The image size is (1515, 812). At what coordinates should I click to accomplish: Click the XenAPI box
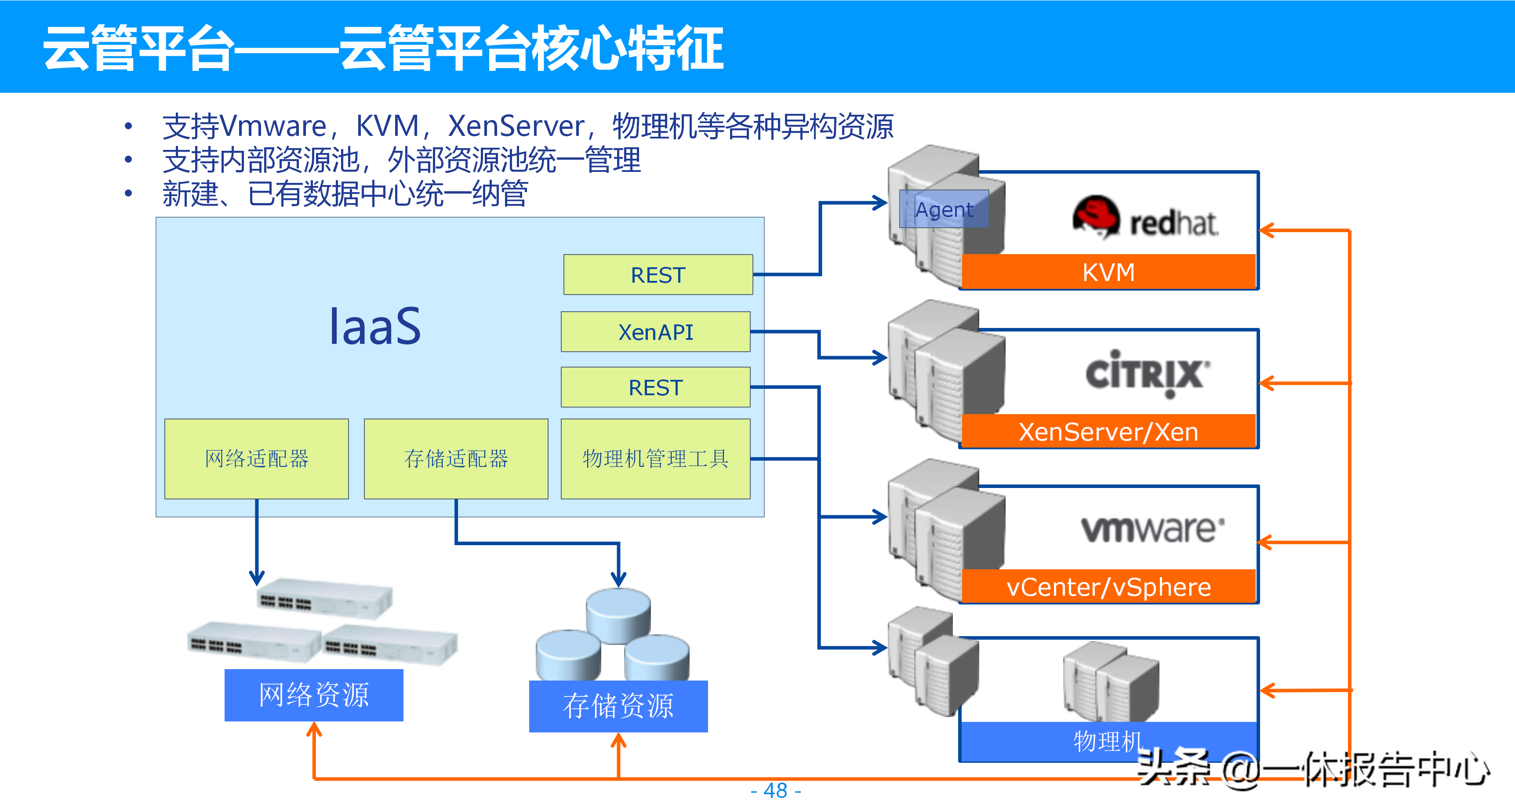pos(655,332)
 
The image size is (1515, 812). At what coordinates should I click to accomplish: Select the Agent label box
pos(944,209)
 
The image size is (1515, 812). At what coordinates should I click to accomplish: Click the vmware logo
pos(1153,528)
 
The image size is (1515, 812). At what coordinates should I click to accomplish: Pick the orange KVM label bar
pos(1108,272)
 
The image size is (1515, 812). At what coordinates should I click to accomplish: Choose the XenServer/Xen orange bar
pos(1108,431)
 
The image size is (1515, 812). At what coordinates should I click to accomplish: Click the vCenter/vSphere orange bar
pos(1108,586)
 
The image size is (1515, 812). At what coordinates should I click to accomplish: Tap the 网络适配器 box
pos(256,459)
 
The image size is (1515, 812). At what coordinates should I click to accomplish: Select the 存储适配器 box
pos(456,459)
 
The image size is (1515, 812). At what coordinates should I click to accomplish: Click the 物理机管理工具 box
pos(655,459)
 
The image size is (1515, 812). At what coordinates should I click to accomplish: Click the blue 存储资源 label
pos(618,706)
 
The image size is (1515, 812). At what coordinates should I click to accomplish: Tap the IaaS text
pos(374,327)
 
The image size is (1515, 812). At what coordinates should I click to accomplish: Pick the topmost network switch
pos(325,598)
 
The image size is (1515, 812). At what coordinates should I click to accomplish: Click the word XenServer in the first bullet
pos(516,126)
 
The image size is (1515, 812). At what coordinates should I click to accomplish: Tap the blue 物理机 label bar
pos(1108,741)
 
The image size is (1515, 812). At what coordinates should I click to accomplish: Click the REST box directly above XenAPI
pos(658,275)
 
